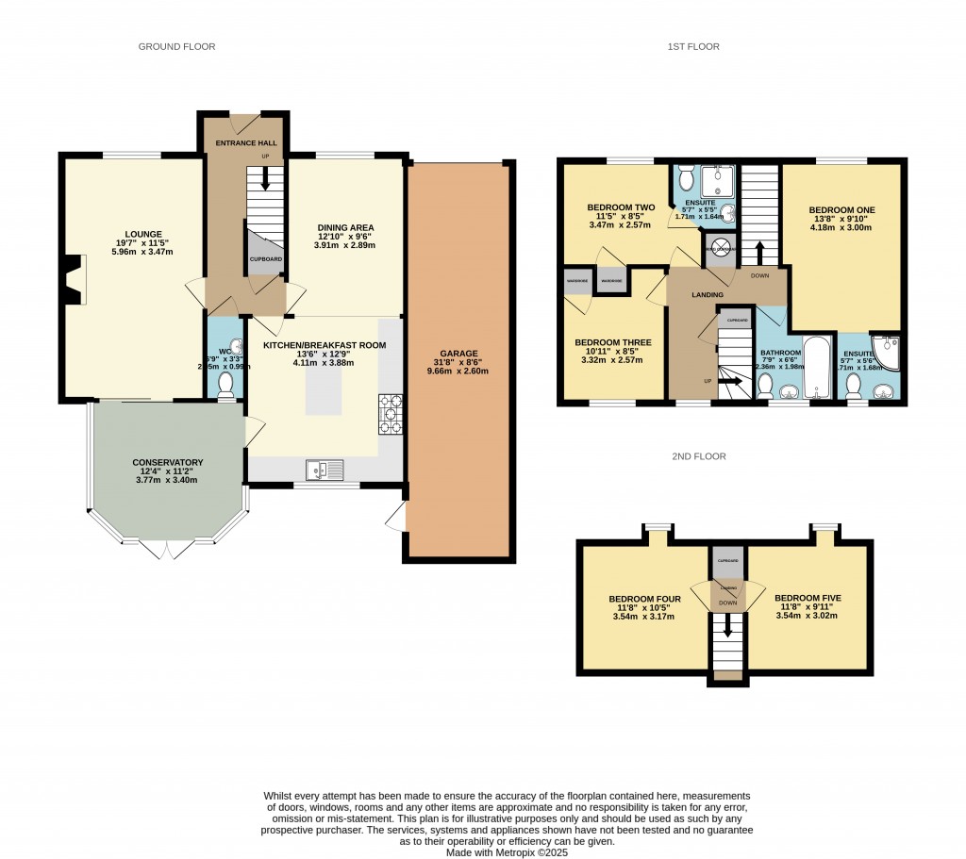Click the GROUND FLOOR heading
(x=176, y=46)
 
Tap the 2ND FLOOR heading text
(x=698, y=456)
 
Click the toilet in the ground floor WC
(x=225, y=384)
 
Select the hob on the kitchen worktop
(x=391, y=415)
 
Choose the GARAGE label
(x=458, y=354)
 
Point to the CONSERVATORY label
(x=168, y=462)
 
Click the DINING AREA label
(x=345, y=227)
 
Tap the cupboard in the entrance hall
(x=265, y=257)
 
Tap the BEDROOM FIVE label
(x=807, y=598)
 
